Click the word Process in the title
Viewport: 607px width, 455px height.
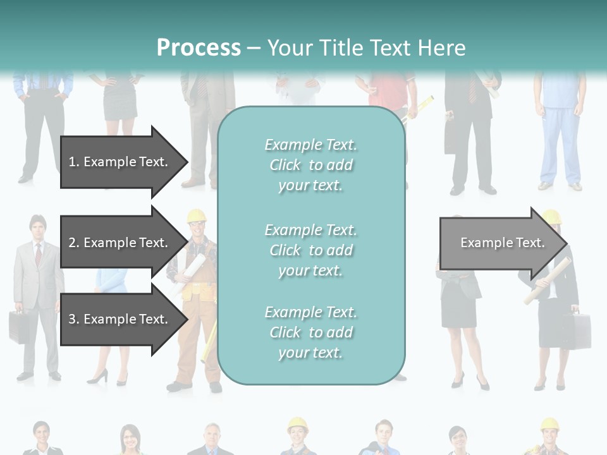point(199,48)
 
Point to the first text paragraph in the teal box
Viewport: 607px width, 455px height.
point(310,165)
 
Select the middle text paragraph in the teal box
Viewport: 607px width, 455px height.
point(310,250)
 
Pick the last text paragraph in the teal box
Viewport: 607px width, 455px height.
point(310,332)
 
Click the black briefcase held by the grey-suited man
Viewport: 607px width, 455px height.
point(18,326)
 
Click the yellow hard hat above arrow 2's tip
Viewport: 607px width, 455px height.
point(197,215)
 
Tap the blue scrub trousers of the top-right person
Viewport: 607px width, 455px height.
point(560,145)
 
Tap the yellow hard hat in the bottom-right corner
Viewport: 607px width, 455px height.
point(549,423)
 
